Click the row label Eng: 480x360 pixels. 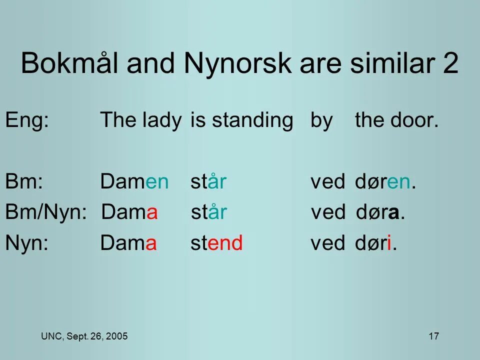pyautogui.click(x=26, y=121)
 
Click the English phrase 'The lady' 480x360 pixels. pyautogui.click(x=140, y=121)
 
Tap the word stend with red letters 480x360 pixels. pyautogui.click(x=216, y=243)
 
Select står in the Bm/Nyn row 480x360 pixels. pyautogui.click(x=209, y=213)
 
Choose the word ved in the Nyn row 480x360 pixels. pyautogui.click(x=328, y=243)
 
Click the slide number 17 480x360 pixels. pyautogui.click(x=433, y=336)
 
